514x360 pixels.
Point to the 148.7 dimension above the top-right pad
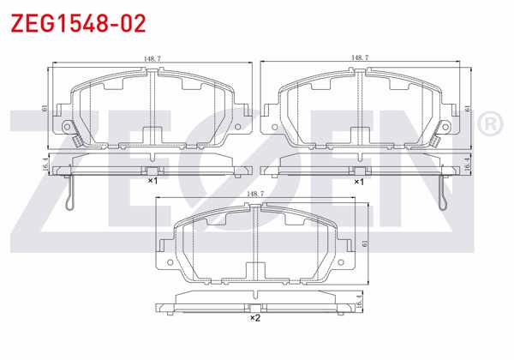pyautogui.click(x=361, y=58)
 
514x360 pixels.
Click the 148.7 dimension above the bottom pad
pyautogui.click(x=254, y=195)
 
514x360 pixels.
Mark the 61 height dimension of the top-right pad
pyautogui.click(x=467, y=108)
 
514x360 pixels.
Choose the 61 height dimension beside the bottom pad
pyautogui.click(x=365, y=244)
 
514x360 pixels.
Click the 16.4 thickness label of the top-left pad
pyautogui.click(x=45, y=165)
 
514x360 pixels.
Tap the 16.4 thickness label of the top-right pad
pyautogui.click(x=467, y=165)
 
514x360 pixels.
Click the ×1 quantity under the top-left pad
pyautogui.click(x=152, y=182)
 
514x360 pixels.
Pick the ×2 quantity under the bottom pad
pyautogui.click(x=254, y=319)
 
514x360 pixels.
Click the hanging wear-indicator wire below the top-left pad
pyautogui.click(x=71, y=193)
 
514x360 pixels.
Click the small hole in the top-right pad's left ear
pyautogui.click(x=274, y=126)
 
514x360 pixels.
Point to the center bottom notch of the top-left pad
pyautogui.click(x=152, y=135)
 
